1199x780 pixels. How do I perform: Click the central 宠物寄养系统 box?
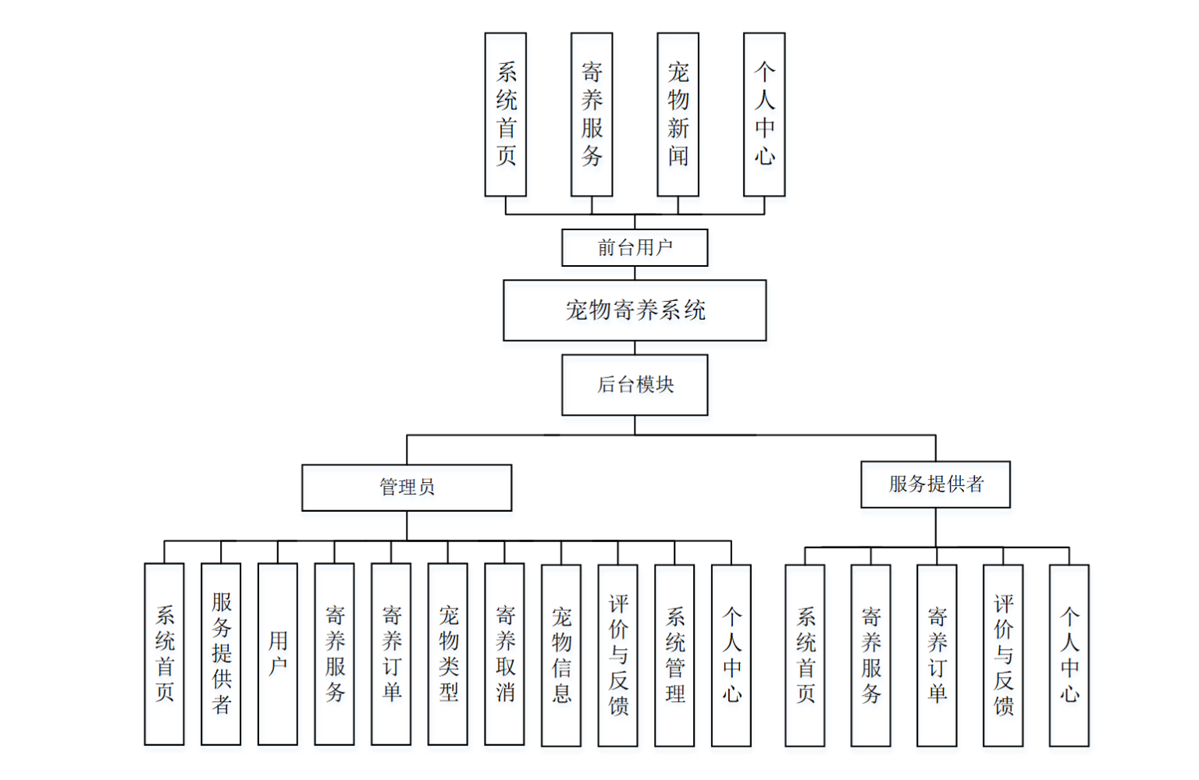point(635,310)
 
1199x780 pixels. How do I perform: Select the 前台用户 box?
point(635,247)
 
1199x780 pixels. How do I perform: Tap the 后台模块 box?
point(635,385)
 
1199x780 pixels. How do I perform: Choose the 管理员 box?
point(407,487)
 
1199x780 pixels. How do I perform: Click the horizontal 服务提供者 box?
point(935,484)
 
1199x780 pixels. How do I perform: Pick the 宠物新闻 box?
point(678,114)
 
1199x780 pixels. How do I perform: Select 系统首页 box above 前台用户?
point(506,114)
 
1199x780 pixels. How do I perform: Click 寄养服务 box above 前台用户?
point(592,114)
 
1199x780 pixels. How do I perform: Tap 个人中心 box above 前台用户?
point(764,114)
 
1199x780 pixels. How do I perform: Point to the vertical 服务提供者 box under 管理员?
point(221,654)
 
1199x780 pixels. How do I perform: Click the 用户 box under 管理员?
point(278,654)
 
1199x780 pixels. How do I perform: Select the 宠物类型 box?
point(448,654)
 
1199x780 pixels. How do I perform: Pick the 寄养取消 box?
point(504,654)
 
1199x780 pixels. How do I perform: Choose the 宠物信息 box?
point(561,655)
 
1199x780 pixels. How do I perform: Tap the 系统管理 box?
point(674,655)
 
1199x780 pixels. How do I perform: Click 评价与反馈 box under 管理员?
point(617,655)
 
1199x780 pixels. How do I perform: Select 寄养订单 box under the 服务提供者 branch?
point(937,655)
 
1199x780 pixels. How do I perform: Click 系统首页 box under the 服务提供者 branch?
point(805,655)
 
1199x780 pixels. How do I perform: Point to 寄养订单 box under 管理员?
point(391,654)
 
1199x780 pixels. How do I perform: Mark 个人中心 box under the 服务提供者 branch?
point(1069,655)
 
